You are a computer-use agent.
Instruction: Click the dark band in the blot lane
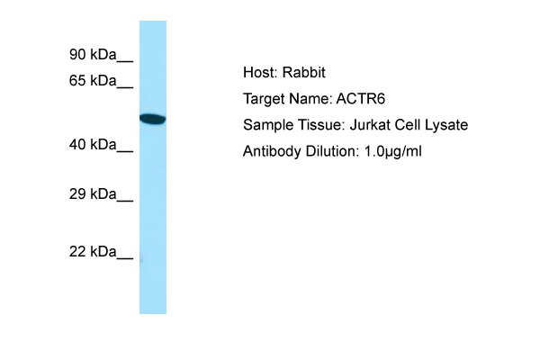pos(153,119)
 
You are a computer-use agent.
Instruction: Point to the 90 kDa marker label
pos(93,54)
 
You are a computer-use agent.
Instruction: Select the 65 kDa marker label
pos(93,81)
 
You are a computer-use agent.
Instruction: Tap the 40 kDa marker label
pos(93,144)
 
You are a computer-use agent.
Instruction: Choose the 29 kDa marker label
pos(93,194)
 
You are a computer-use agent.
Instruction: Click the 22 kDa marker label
pos(93,251)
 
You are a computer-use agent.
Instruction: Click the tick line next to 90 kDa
pos(125,62)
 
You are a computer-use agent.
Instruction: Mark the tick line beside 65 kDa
pos(125,87)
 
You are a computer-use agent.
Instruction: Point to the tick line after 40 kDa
pos(125,151)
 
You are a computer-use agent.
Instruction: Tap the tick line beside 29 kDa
pos(125,201)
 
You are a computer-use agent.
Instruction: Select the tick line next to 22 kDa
pos(125,258)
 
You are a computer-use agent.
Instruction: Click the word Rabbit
pos(304,72)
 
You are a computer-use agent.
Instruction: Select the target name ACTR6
pos(361,99)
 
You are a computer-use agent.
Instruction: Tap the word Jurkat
pos(370,125)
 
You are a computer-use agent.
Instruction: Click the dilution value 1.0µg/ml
pos(393,151)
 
